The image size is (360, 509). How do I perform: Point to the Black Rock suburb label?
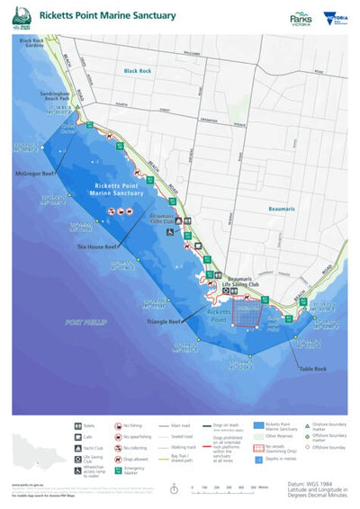[138, 70]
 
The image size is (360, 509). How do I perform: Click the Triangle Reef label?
[165, 320]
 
